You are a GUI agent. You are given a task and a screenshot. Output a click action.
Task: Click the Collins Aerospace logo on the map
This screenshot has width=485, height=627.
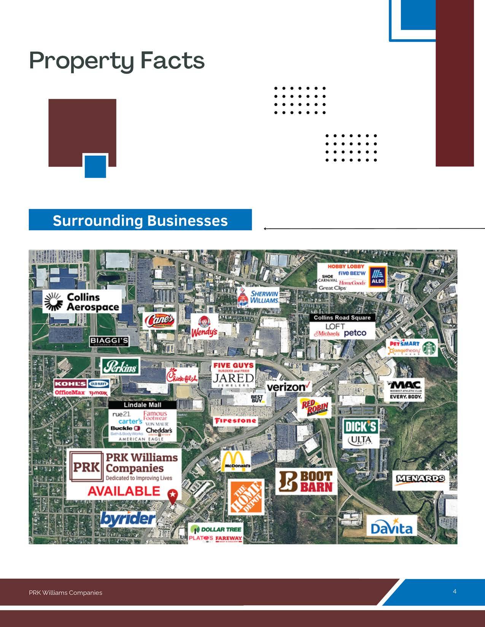[82, 302]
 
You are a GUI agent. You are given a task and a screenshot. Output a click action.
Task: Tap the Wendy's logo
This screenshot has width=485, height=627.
[204, 327]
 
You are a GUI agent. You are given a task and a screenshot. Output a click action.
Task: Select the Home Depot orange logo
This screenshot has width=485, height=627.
[246, 497]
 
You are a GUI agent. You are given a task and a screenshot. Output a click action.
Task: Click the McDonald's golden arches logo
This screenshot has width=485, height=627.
[236, 461]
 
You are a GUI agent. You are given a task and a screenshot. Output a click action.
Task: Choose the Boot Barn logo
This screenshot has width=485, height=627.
[306, 481]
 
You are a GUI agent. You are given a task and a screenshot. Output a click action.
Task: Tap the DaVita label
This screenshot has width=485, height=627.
[391, 528]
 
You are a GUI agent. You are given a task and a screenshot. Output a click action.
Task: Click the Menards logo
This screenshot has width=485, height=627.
[420, 478]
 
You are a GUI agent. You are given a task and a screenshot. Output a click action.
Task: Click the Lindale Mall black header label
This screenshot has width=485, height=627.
[142, 405]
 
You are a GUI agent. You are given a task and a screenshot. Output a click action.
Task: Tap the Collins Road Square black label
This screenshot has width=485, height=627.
[342, 318]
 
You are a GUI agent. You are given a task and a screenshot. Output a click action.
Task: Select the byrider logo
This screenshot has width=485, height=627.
[128, 518]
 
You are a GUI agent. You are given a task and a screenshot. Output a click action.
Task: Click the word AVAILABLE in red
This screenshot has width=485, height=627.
[124, 491]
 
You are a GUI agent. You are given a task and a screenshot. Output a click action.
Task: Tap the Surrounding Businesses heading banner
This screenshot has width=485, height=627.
[140, 220]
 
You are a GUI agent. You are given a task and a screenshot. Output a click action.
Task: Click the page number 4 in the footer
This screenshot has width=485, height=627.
[455, 591]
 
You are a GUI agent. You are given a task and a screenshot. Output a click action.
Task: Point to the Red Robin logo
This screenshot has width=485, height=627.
[315, 408]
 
